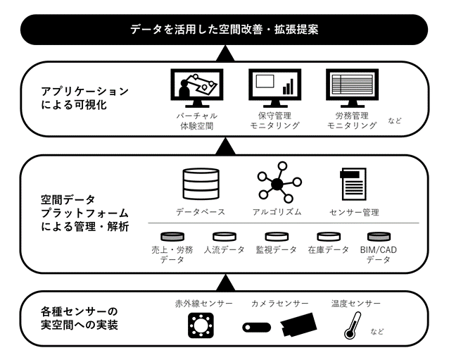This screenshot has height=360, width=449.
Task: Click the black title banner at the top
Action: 224,30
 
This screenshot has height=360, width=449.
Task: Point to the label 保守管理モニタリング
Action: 274,120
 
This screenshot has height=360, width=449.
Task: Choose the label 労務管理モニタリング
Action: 351,120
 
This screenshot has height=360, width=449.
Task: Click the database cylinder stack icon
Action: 201,184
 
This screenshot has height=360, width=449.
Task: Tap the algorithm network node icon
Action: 277,184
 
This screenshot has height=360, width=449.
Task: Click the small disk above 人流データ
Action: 225,236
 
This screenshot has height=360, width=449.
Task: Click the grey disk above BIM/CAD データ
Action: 379,236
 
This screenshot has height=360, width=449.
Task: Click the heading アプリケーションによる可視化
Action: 85,98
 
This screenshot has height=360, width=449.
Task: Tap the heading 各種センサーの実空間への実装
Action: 79,318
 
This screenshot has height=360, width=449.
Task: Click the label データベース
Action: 201,212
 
